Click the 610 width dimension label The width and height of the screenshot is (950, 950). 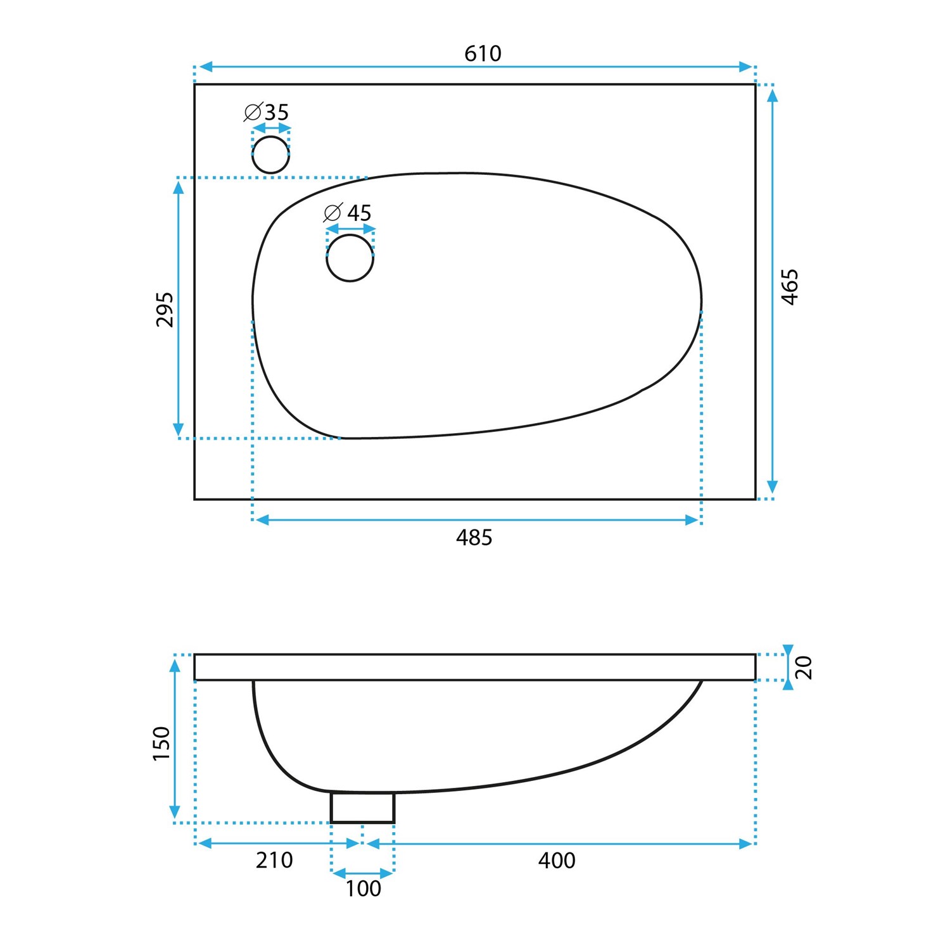tap(483, 54)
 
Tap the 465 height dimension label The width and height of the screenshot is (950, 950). tap(790, 287)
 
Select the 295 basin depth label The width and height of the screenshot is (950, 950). tap(164, 309)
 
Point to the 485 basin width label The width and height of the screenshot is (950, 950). tap(474, 538)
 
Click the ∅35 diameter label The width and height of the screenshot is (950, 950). tap(266, 112)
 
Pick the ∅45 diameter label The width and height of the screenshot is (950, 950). tap(347, 213)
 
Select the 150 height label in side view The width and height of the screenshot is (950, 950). tap(161, 744)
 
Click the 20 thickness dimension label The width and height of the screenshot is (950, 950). tap(804, 668)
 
